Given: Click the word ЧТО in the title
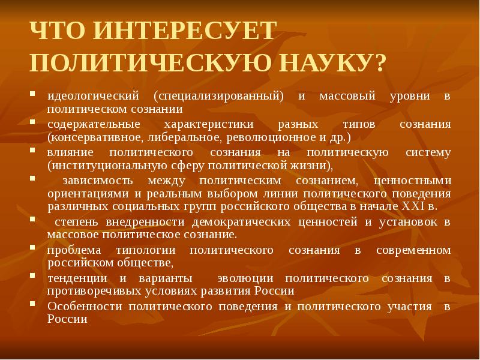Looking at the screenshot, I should (x=59, y=31).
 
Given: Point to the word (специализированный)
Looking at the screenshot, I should (x=218, y=96).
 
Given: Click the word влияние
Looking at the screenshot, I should (x=68, y=152).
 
